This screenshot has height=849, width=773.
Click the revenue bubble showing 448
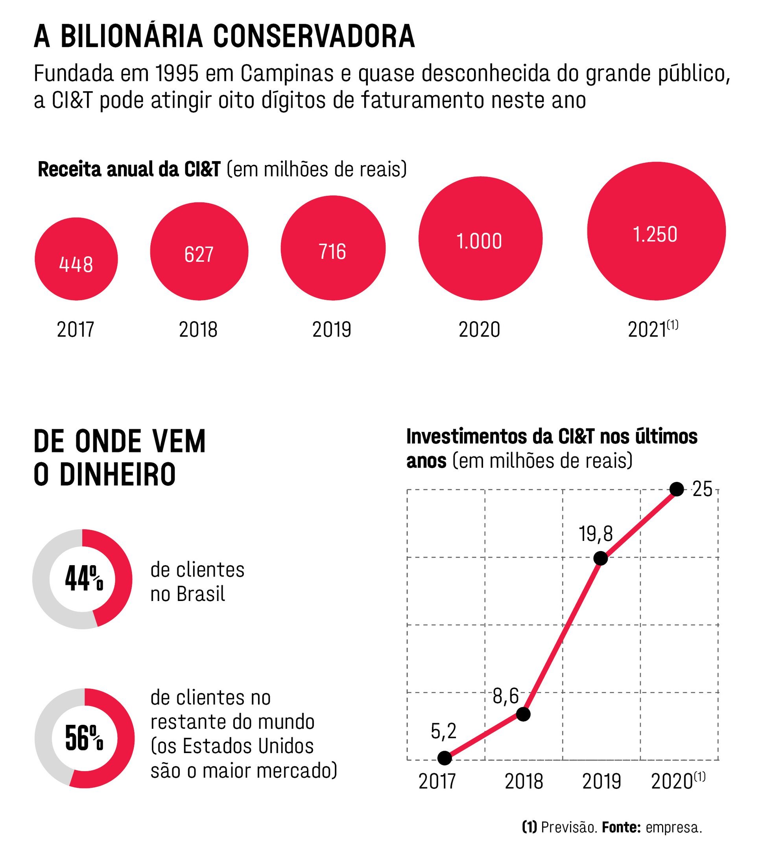click(76, 259)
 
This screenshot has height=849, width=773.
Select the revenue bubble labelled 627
click(199, 252)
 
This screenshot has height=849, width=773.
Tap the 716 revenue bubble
click(333, 248)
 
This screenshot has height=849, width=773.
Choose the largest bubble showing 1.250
click(656, 231)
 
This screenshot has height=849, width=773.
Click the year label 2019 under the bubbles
click(332, 330)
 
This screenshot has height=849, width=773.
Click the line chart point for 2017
click(445, 758)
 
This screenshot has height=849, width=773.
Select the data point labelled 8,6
click(523, 714)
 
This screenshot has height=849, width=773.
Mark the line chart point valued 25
click(677, 489)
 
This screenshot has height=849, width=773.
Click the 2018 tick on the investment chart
click(524, 782)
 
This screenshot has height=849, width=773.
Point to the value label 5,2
click(444, 731)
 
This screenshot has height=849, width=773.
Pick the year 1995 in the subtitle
click(177, 74)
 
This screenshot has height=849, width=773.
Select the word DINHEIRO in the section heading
click(118, 475)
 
